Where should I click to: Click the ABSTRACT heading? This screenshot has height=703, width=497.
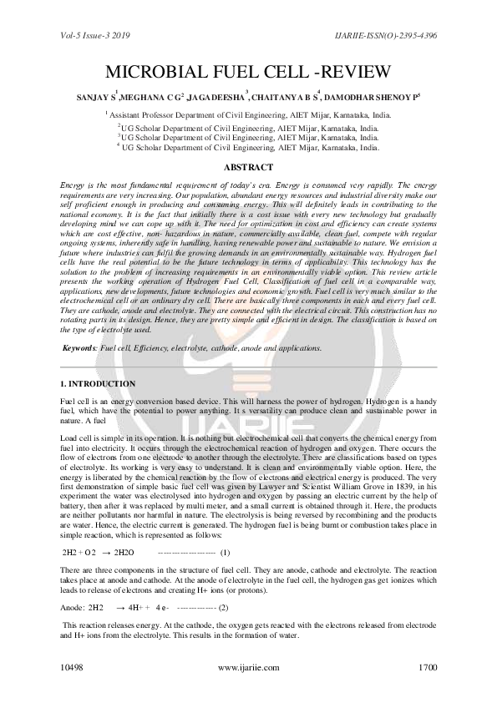coord(248,167)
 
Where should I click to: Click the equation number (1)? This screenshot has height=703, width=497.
coord(226,553)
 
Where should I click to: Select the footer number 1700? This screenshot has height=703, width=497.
coord(427,669)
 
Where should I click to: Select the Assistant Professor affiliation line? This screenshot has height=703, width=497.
coord(248,116)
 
